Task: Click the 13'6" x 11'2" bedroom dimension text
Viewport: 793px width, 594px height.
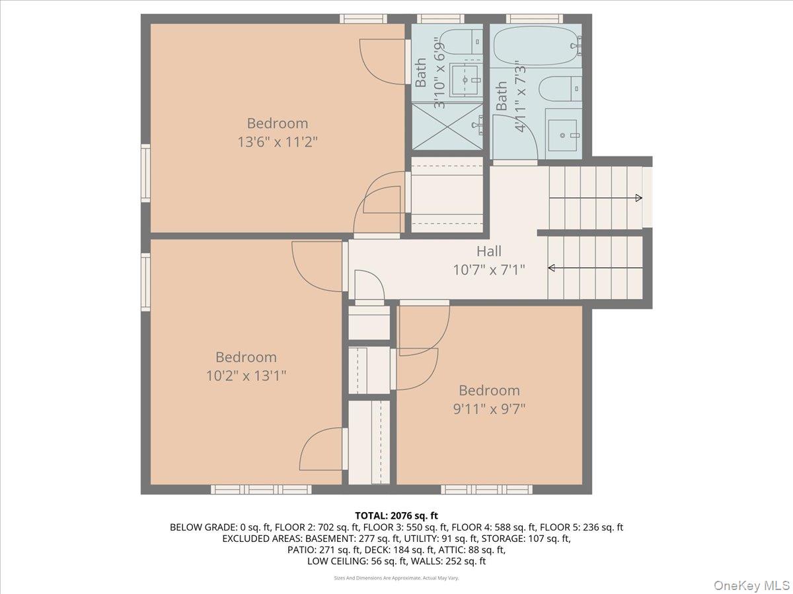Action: tap(278, 141)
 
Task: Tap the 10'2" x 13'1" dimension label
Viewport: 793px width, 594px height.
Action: tap(245, 375)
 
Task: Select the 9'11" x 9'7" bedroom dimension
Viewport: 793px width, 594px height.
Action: tap(489, 408)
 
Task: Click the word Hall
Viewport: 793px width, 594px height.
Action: tap(489, 251)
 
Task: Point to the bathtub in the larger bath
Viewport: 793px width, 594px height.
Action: tap(536, 46)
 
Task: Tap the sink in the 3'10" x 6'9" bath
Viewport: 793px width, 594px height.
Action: tap(466, 80)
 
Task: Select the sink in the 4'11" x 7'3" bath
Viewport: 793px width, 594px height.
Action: tap(563, 135)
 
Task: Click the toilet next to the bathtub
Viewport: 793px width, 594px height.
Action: tap(559, 88)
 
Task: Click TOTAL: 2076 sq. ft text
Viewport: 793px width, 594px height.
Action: tap(397, 515)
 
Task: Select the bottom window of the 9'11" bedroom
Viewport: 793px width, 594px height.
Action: tap(486, 489)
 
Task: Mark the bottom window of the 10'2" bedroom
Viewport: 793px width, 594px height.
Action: tap(261, 489)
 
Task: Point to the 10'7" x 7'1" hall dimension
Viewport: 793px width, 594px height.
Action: tap(489, 269)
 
